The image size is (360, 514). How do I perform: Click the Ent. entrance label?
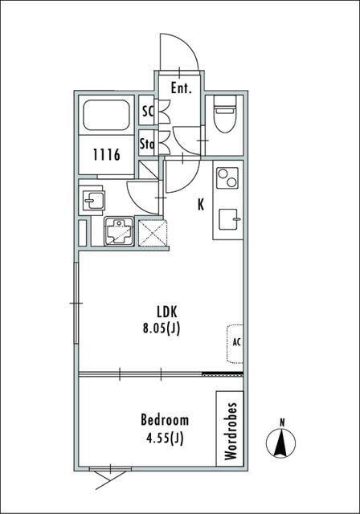(182, 88)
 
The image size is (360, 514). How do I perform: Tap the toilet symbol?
(225, 114)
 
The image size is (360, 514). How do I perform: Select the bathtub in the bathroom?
(106, 115)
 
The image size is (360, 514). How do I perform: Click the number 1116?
(107, 155)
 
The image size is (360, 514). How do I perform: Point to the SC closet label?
(148, 111)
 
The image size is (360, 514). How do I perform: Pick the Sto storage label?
(147, 143)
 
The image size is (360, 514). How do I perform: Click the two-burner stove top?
(228, 178)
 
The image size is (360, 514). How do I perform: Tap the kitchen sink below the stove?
(229, 219)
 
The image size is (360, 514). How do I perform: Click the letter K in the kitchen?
(201, 205)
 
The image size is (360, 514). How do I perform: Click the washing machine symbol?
(119, 230)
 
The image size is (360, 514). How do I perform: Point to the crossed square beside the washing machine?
(153, 233)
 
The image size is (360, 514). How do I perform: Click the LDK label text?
(167, 312)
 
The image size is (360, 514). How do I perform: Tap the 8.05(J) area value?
(162, 328)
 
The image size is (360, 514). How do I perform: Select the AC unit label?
(237, 342)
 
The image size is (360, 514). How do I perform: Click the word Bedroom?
(165, 420)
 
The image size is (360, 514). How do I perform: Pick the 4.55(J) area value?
(165, 438)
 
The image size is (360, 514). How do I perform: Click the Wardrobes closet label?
(231, 431)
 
